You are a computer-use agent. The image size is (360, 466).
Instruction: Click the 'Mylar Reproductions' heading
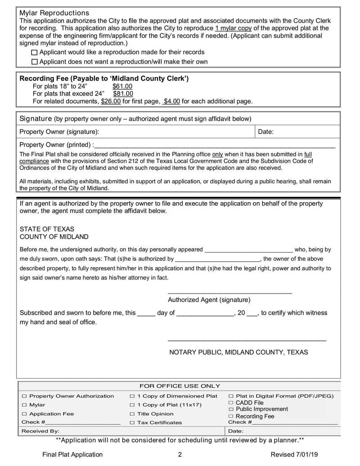(x=54, y=13)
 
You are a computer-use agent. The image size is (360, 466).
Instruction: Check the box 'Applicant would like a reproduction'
(x=35, y=53)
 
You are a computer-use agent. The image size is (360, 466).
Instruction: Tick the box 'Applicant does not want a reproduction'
(x=35, y=62)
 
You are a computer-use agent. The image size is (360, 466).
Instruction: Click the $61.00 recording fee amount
(x=122, y=86)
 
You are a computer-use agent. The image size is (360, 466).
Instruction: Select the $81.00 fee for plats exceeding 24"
(x=123, y=94)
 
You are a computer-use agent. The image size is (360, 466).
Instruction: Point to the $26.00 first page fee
(x=111, y=101)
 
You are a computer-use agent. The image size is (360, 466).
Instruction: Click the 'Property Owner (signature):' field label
(x=59, y=132)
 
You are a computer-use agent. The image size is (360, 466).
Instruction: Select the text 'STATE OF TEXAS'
(x=47, y=229)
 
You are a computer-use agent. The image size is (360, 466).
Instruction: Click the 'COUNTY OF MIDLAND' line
(x=54, y=237)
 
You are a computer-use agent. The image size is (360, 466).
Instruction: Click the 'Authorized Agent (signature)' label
(x=209, y=300)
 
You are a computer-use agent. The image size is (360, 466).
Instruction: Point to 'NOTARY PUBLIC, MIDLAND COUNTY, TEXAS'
(x=238, y=352)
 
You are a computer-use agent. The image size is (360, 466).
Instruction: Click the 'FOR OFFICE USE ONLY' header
(x=180, y=386)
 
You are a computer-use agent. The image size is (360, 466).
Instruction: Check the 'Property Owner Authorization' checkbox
(x=25, y=396)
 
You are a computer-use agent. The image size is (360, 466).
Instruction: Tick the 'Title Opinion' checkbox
(x=132, y=414)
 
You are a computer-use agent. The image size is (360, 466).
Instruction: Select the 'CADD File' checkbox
(x=231, y=403)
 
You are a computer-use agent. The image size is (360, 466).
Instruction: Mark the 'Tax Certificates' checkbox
(x=132, y=423)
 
